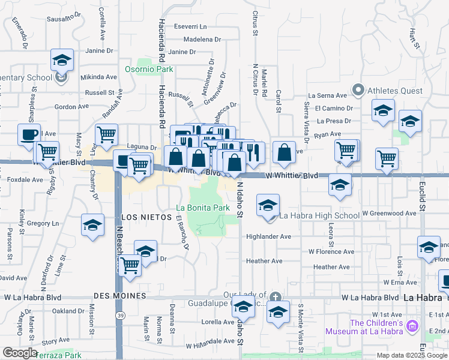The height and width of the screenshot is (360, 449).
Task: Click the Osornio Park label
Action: pos(149,70)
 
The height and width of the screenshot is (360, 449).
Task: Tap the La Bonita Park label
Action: pos(203,208)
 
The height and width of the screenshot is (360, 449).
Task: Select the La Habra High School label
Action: pos(319,215)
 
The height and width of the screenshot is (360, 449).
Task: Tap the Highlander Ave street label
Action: pos(268,237)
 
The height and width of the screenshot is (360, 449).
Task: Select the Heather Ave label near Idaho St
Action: pos(264,261)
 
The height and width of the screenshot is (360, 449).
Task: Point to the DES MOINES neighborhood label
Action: pos(120,296)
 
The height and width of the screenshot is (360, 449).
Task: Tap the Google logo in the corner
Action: pos(20,353)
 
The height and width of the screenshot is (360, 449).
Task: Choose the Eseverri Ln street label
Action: pos(190,27)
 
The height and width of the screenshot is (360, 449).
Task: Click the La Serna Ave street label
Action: pos(328,95)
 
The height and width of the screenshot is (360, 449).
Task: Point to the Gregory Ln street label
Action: pos(47,223)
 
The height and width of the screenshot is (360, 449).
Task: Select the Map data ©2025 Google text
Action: pos(411,355)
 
